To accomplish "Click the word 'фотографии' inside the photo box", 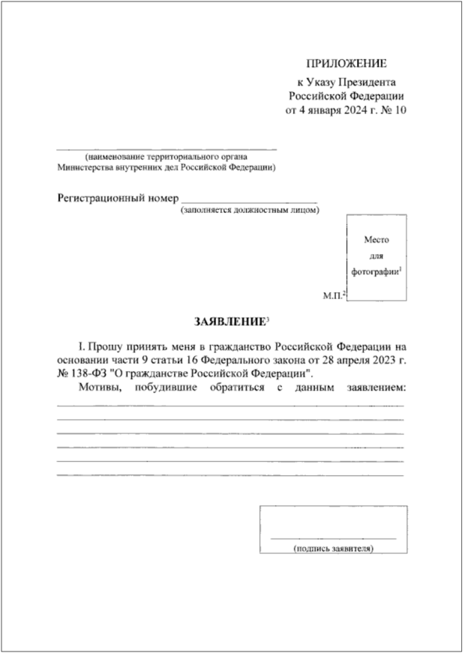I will [374, 271].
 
